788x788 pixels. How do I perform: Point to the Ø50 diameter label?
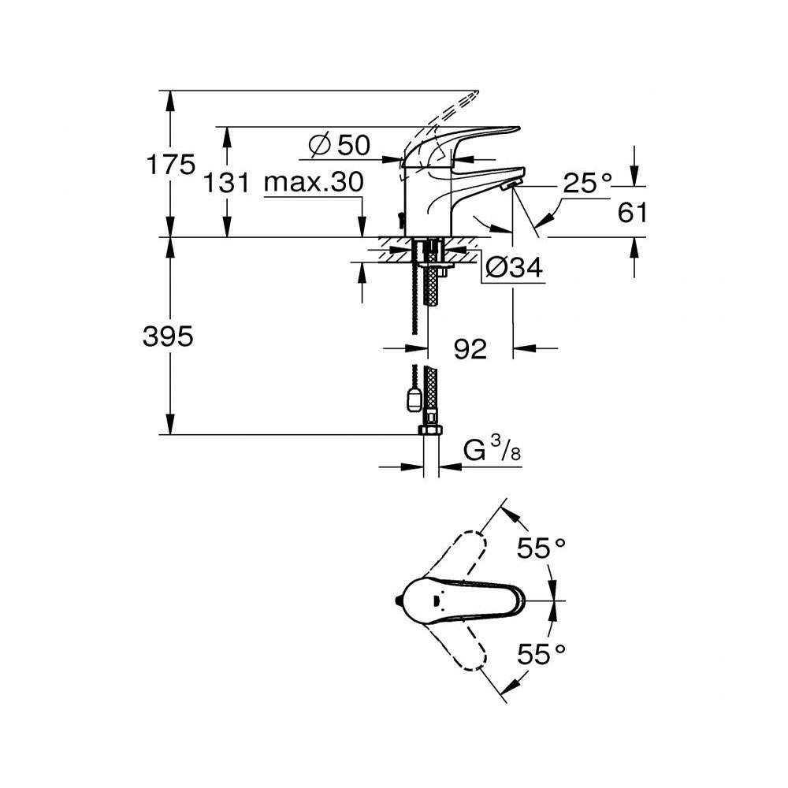click(x=340, y=145)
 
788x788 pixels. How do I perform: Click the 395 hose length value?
click(x=168, y=336)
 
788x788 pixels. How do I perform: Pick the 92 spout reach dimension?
click(x=470, y=348)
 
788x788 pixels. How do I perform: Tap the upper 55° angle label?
click(x=542, y=548)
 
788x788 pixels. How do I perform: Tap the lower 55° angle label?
click(x=542, y=652)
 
